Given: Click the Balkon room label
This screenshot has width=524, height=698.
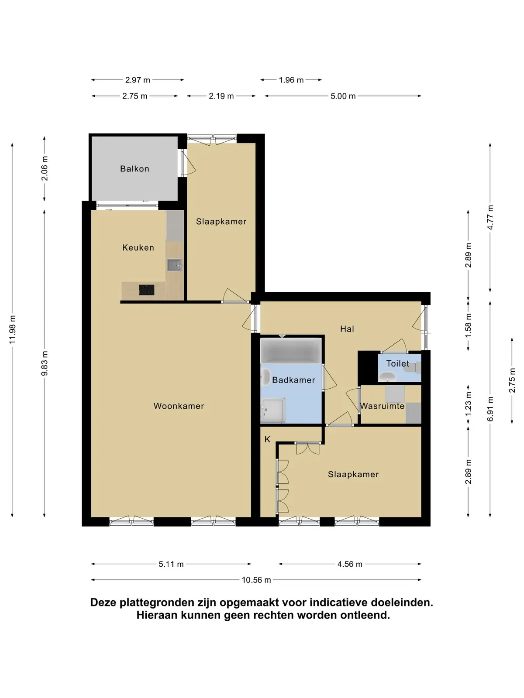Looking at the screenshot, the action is coord(134,168).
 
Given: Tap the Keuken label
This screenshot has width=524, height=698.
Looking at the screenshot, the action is coord(138,247).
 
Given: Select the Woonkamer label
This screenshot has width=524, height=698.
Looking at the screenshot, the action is coord(179,406).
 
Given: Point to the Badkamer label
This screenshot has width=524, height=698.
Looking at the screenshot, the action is coord(293,380).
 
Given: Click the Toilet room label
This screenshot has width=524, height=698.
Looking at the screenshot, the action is coord(397,363).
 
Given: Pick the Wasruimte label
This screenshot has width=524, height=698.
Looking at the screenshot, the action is coord(382,406).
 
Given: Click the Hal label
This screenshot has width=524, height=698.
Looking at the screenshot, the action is coord(347,329).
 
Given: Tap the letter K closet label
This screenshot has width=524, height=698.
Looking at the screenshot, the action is coord(267,439).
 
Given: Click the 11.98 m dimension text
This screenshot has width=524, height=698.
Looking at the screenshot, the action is coord(12,329).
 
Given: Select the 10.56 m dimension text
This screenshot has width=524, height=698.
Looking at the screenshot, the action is coord(256,580).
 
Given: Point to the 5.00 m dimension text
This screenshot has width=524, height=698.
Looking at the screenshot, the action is coord(343,96).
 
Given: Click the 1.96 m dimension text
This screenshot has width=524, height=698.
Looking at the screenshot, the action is coord(291,80).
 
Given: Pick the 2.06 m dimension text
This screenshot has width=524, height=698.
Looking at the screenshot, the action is coord(44,168).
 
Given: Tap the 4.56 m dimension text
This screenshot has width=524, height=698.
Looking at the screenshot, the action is coord(350,564).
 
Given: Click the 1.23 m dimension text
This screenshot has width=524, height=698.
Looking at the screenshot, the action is coord(468,404).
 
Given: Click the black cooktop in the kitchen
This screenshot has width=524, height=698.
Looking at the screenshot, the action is coord(147,290).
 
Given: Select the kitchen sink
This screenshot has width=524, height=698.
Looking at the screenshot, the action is coord(174,265).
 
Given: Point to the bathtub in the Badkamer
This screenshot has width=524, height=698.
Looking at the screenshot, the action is coord(291,350).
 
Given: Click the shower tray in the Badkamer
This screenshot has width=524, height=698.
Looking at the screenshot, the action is coord(272,410).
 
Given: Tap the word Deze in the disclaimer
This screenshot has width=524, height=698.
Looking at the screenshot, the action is coord(104,602).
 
